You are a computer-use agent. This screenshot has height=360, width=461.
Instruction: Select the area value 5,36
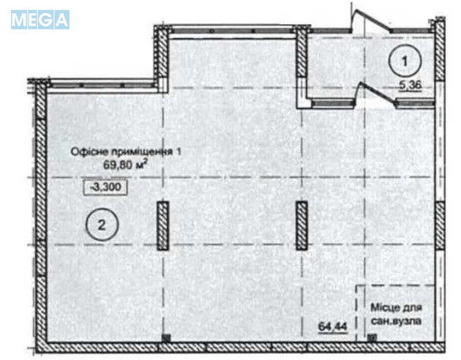click(408, 85)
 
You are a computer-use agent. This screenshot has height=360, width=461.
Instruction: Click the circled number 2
click(102, 226)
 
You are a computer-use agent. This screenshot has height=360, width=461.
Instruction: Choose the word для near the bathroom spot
click(416, 307)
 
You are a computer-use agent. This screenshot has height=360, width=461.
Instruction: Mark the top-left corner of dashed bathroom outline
click(358, 286)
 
